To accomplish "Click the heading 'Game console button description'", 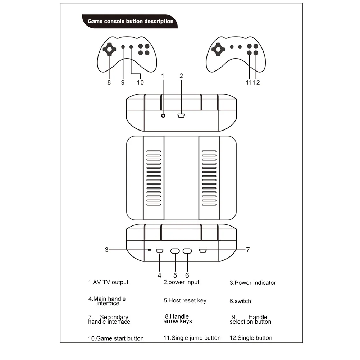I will tap(131, 21).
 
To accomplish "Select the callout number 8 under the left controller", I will tap(109, 82).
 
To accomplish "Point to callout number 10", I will tap(140, 82).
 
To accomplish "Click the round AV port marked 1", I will tap(163, 115).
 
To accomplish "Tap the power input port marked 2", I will tap(181, 115).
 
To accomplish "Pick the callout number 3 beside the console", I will tap(106, 250).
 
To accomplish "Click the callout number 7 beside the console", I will tap(247, 250).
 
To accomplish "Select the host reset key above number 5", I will tap(175, 251).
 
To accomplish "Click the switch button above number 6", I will tap(187, 251).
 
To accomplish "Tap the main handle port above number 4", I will tap(160, 251).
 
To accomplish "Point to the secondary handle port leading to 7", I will tap(202, 251).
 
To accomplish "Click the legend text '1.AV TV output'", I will tap(108, 282).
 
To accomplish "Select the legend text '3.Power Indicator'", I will tap(253, 283).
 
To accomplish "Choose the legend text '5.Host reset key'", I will tap(185, 300).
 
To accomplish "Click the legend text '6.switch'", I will tap(240, 301).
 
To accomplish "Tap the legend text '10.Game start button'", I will tap(116, 338).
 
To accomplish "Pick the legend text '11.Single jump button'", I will tap(192, 338).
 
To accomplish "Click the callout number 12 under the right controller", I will tap(256, 82).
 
